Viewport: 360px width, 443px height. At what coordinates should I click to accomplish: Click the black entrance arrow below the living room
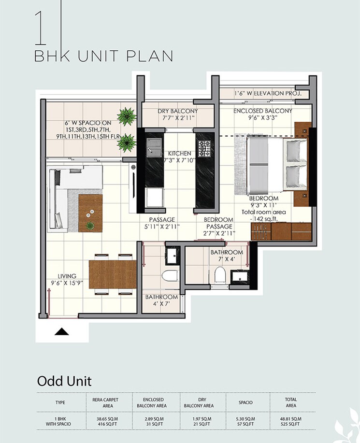click(61, 331)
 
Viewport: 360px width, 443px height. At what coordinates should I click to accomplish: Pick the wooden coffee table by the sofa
click(90, 213)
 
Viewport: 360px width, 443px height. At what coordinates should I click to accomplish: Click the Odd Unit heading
click(64, 381)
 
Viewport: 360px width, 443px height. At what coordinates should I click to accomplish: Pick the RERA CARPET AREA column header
click(105, 402)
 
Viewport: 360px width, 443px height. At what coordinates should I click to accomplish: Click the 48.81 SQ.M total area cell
click(290, 418)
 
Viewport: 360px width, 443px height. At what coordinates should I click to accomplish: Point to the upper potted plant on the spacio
click(128, 116)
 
